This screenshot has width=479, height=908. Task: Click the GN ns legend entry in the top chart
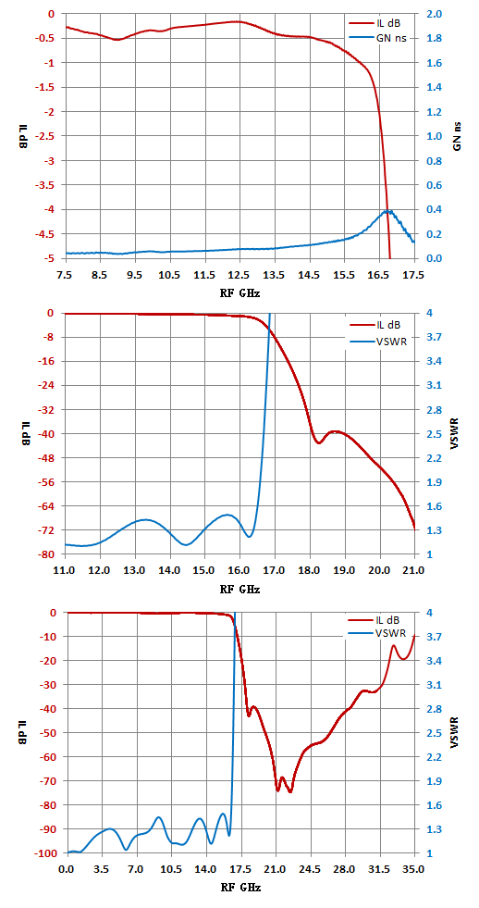pos(381,39)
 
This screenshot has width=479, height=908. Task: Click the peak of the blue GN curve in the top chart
pos(389,211)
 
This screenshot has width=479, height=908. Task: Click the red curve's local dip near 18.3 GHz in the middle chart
pos(319,442)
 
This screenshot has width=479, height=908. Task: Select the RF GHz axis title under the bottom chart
pos(239,887)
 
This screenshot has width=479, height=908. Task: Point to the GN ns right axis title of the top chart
pos(457,136)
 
